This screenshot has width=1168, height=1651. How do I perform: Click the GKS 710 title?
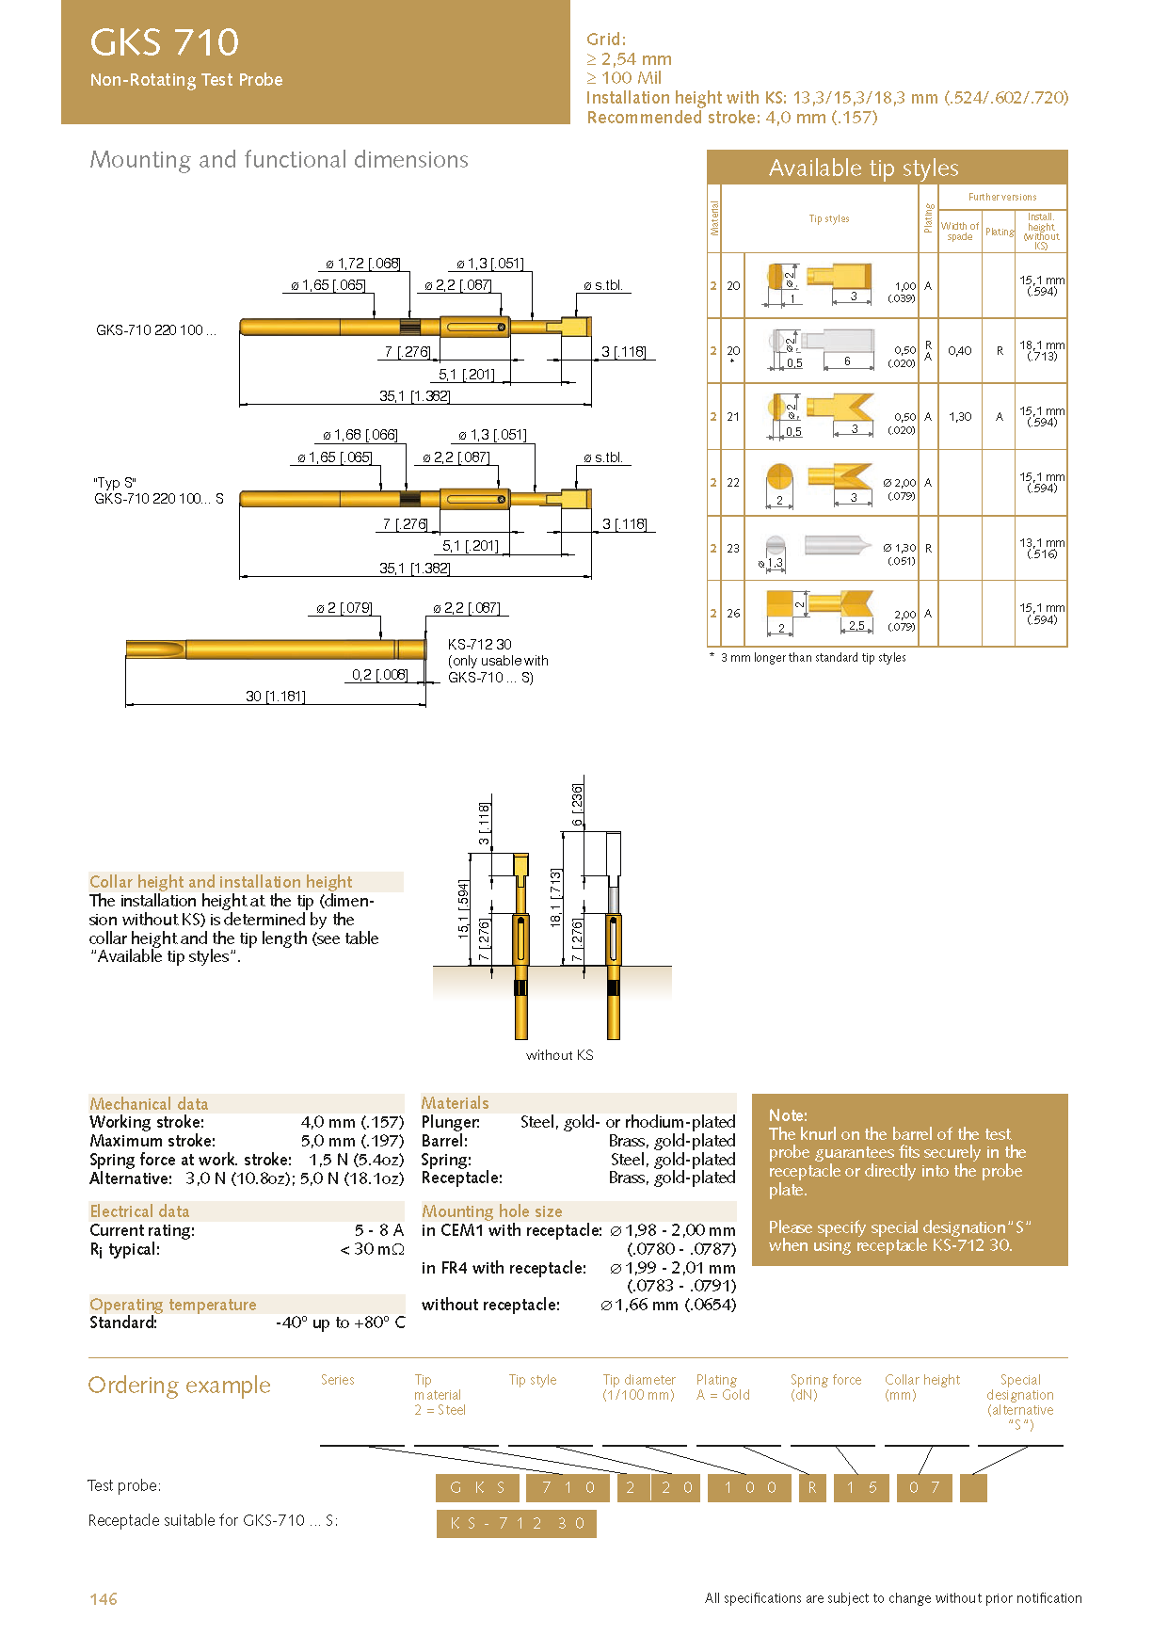point(165,42)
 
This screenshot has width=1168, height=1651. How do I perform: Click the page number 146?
point(104,1599)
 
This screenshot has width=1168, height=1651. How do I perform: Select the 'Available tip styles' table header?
point(863,168)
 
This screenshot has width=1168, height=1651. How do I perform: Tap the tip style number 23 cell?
point(733,548)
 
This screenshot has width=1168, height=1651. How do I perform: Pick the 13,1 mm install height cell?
point(1042,548)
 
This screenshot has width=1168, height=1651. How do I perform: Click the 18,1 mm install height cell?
point(1042,350)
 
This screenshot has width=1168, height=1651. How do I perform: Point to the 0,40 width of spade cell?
point(960,350)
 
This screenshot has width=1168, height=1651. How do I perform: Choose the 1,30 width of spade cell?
point(960,416)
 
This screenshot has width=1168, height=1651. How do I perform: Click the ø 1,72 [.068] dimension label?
point(362,264)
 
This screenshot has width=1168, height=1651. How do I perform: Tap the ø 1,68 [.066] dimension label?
point(360,435)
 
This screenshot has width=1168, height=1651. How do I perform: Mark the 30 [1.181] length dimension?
point(275,697)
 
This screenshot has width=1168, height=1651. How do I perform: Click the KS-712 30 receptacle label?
point(480,645)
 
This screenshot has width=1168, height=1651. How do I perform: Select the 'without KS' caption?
point(559,1055)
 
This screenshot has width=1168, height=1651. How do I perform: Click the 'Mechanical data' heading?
point(149,1104)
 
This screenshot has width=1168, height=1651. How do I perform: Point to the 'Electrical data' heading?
point(139,1211)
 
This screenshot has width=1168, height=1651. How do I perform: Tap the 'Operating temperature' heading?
point(173,1305)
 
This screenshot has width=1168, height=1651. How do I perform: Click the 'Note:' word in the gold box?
point(788,1115)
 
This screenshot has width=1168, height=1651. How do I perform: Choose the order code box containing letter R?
point(812,1487)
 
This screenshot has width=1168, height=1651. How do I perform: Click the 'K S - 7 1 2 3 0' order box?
point(517,1523)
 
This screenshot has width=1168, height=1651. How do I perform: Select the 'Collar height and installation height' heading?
point(221,882)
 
